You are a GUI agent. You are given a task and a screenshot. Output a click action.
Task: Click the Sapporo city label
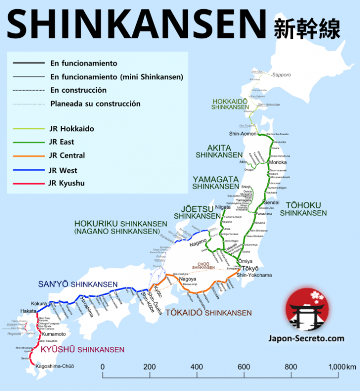tap(281, 75)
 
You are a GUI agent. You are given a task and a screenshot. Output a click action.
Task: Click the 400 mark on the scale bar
tap(197, 367)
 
